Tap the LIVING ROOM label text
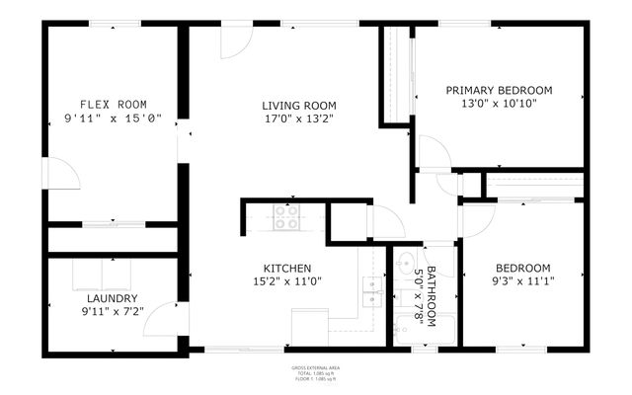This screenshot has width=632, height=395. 299,106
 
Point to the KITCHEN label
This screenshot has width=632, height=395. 287,269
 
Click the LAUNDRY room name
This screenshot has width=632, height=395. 112,298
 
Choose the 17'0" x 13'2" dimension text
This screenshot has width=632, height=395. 299,118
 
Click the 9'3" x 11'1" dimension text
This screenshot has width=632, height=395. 522,281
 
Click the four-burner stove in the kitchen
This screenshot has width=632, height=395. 286,216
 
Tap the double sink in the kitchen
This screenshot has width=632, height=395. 372,286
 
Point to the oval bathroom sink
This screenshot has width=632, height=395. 405,264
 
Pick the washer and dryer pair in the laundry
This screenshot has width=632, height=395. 98,272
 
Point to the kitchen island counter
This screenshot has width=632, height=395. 309,327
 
